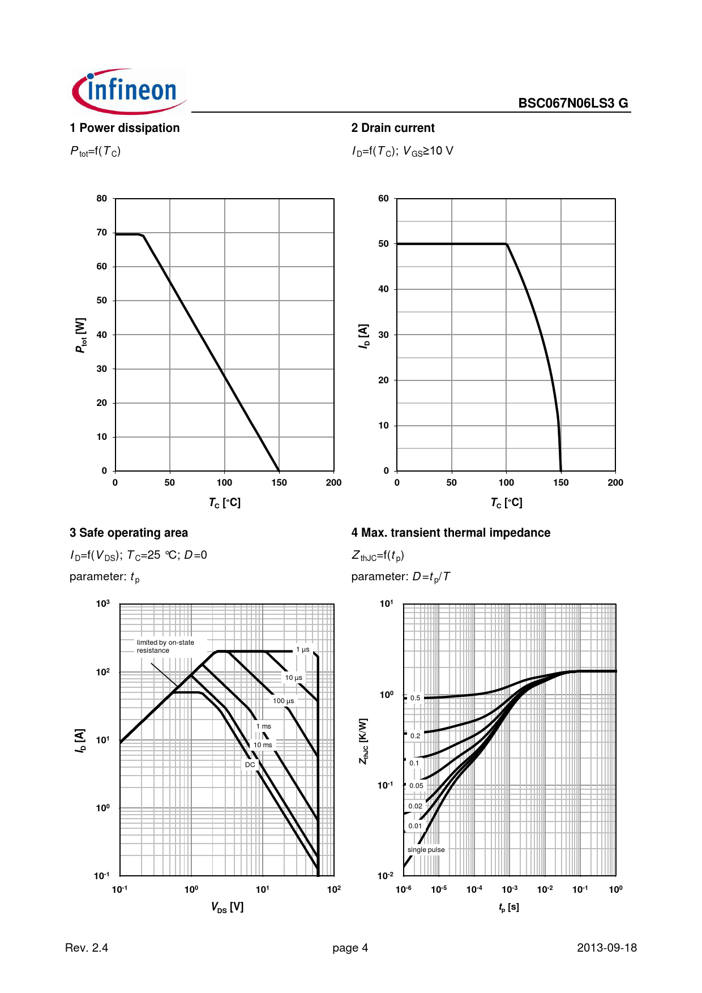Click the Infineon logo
coord(129,92)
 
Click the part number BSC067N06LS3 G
coord(573,103)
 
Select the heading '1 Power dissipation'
coord(125,128)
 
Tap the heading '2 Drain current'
coord(393,128)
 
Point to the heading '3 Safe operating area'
coord(129,533)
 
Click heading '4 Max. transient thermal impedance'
coord(451,533)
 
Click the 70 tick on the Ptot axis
coord(102,233)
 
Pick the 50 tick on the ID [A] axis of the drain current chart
coord(384,244)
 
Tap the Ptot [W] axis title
coord(81,335)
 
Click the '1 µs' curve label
coord(303,649)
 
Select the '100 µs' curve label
coord(284,701)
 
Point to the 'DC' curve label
coord(250,765)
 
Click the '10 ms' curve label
coord(263,745)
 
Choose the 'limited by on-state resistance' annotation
coord(165,647)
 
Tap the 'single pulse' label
coord(426,850)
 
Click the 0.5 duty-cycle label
coord(416,698)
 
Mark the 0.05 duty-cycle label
coord(416,786)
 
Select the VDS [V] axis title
coord(227,907)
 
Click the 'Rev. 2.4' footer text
coord(87,948)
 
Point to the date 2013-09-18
coord(606,948)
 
